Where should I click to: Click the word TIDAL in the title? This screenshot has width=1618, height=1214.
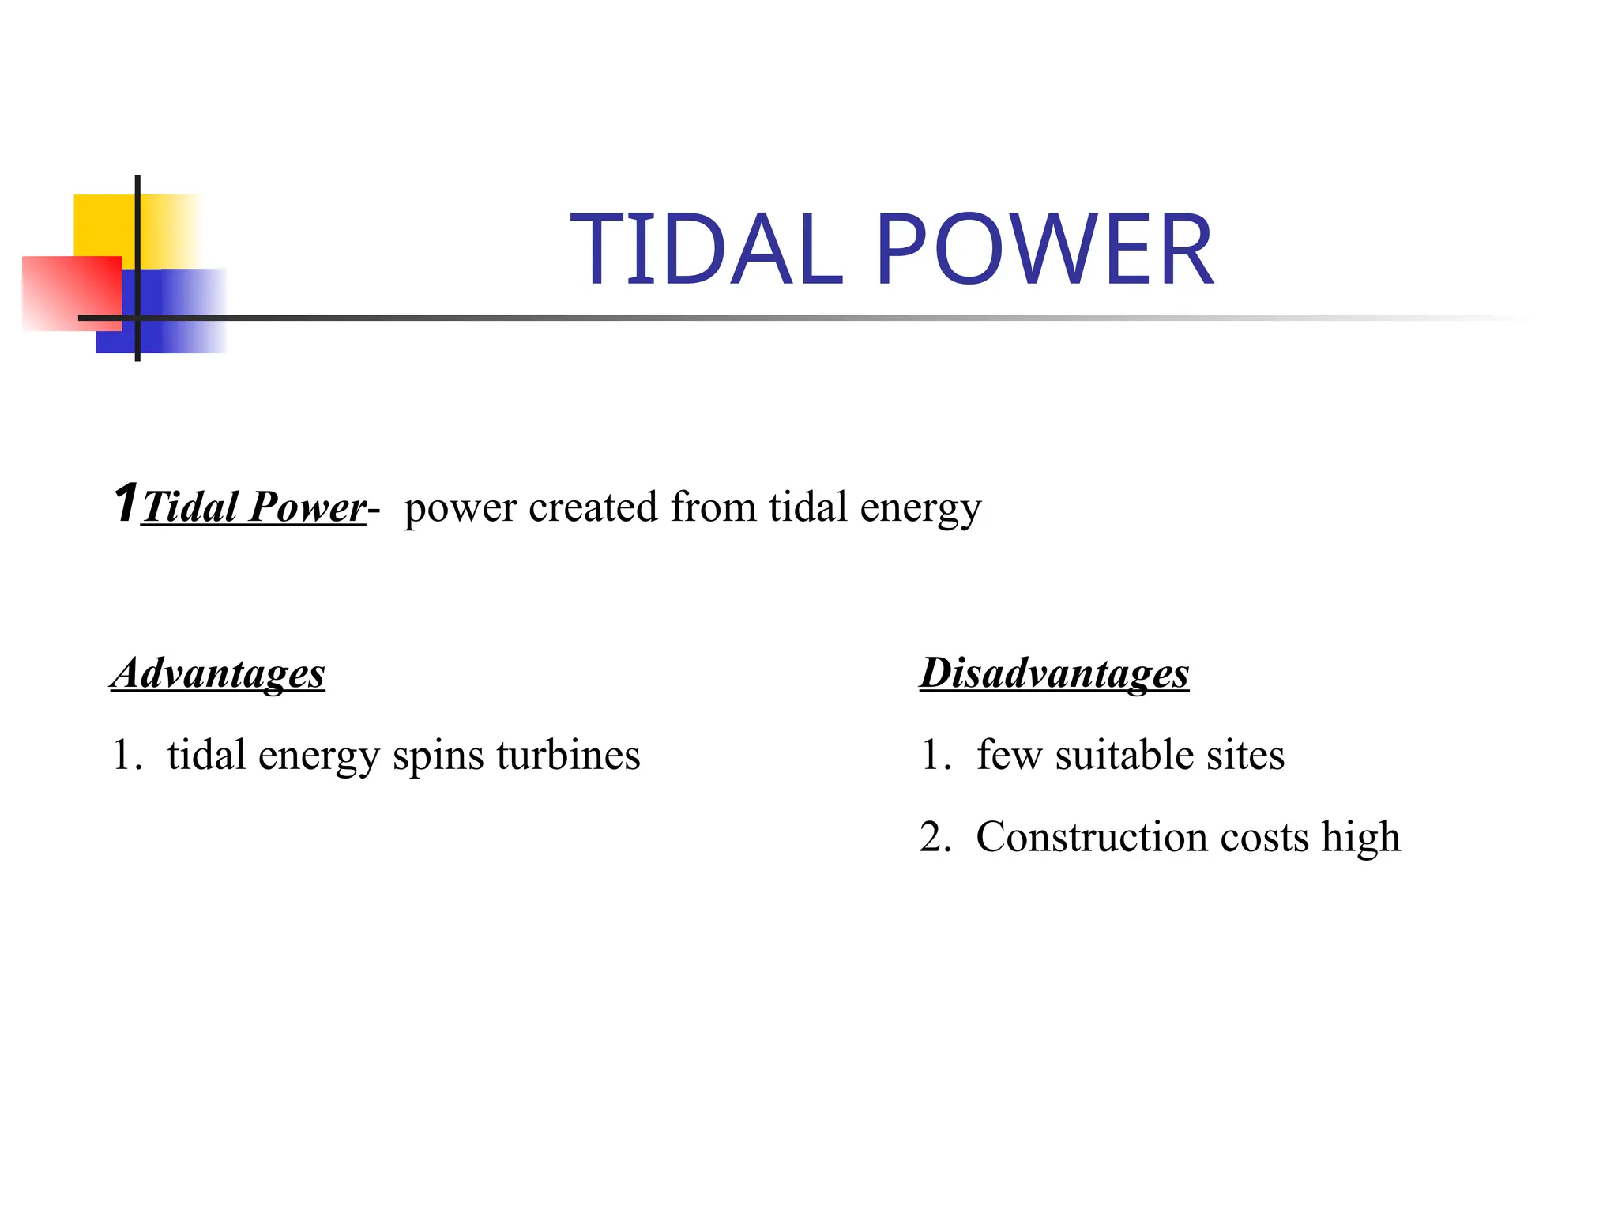[x=706, y=251]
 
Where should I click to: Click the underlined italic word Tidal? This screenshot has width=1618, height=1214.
[x=190, y=507]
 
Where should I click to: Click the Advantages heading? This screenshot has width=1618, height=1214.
[x=217, y=674]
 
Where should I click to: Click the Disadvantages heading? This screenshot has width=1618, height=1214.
[x=1054, y=674]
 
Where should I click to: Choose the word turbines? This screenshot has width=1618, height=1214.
[x=568, y=756]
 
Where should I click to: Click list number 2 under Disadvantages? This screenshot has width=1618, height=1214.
[x=932, y=838]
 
